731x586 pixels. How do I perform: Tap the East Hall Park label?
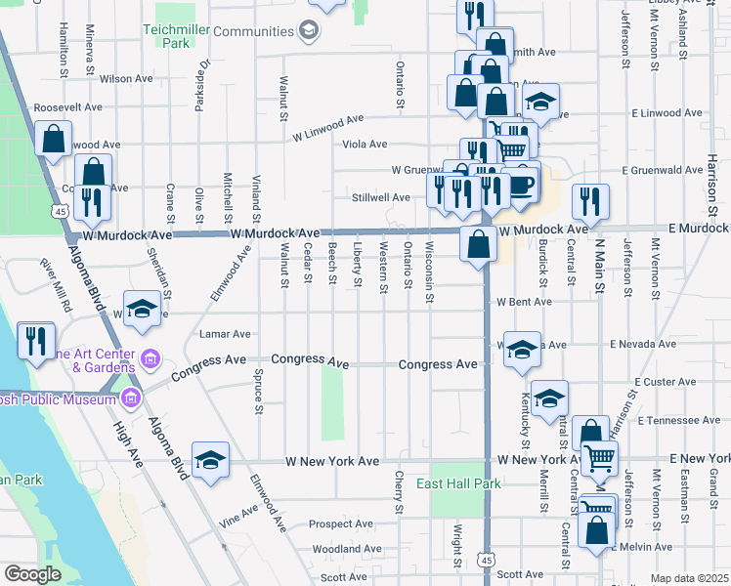(458, 483)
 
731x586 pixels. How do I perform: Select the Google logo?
(32, 574)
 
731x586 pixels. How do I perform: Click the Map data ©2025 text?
(689, 578)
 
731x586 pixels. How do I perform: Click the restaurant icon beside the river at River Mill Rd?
(36, 342)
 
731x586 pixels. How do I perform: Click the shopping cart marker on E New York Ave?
(599, 457)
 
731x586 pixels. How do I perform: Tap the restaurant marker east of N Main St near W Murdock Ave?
(589, 202)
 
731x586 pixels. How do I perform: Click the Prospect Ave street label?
(341, 523)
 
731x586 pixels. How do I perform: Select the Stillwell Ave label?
(381, 197)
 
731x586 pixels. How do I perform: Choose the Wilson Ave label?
(126, 78)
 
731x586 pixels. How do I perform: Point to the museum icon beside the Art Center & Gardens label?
(150, 359)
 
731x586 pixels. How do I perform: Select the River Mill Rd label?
(56, 284)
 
